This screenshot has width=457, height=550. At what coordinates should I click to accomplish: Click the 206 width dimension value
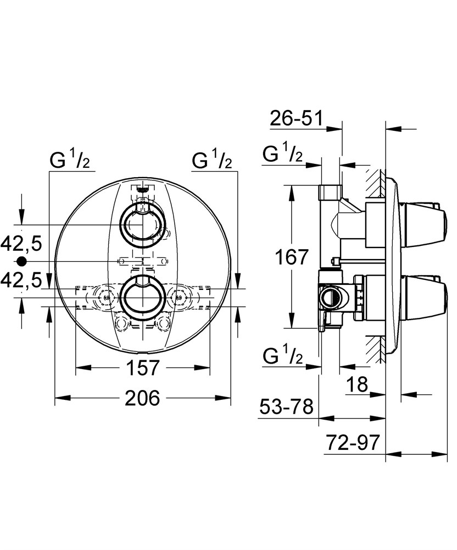point(142,398)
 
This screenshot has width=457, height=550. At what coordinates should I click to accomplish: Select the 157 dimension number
point(142,367)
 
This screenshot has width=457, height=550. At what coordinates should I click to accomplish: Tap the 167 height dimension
point(292,257)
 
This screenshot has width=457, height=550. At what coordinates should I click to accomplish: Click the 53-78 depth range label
point(286,407)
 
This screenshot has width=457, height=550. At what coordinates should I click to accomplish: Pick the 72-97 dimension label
point(353,443)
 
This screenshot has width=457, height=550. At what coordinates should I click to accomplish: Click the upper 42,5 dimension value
point(21,243)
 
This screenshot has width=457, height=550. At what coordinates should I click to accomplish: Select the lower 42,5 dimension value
point(21,279)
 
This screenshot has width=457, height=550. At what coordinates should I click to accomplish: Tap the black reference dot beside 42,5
point(22,261)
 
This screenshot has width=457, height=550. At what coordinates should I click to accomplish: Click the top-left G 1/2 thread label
point(71,160)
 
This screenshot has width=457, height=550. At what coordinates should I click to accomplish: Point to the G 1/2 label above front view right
point(212,160)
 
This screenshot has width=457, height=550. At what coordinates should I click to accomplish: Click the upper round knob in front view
point(142,224)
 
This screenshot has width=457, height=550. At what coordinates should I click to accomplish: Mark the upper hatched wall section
point(375,183)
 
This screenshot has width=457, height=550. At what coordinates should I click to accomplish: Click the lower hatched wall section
point(375,349)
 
